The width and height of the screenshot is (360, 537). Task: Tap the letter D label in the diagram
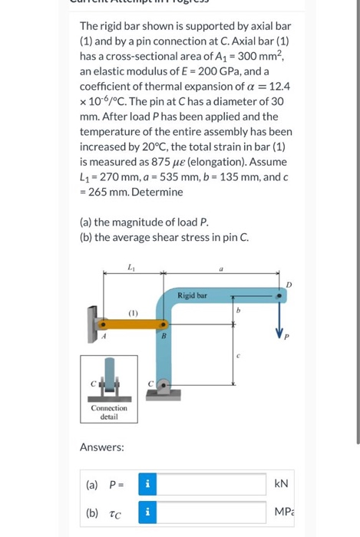pyautogui.click(x=289, y=285)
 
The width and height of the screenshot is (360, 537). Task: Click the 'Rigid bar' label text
pyautogui.click(x=192, y=295)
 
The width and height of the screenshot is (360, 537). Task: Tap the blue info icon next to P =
pyautogui.click(x=147, y=483)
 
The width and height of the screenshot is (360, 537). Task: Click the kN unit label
pyautogui.click(x=281, y=483)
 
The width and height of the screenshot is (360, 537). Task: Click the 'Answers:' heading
pyautogui.click(x=104, y=446)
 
